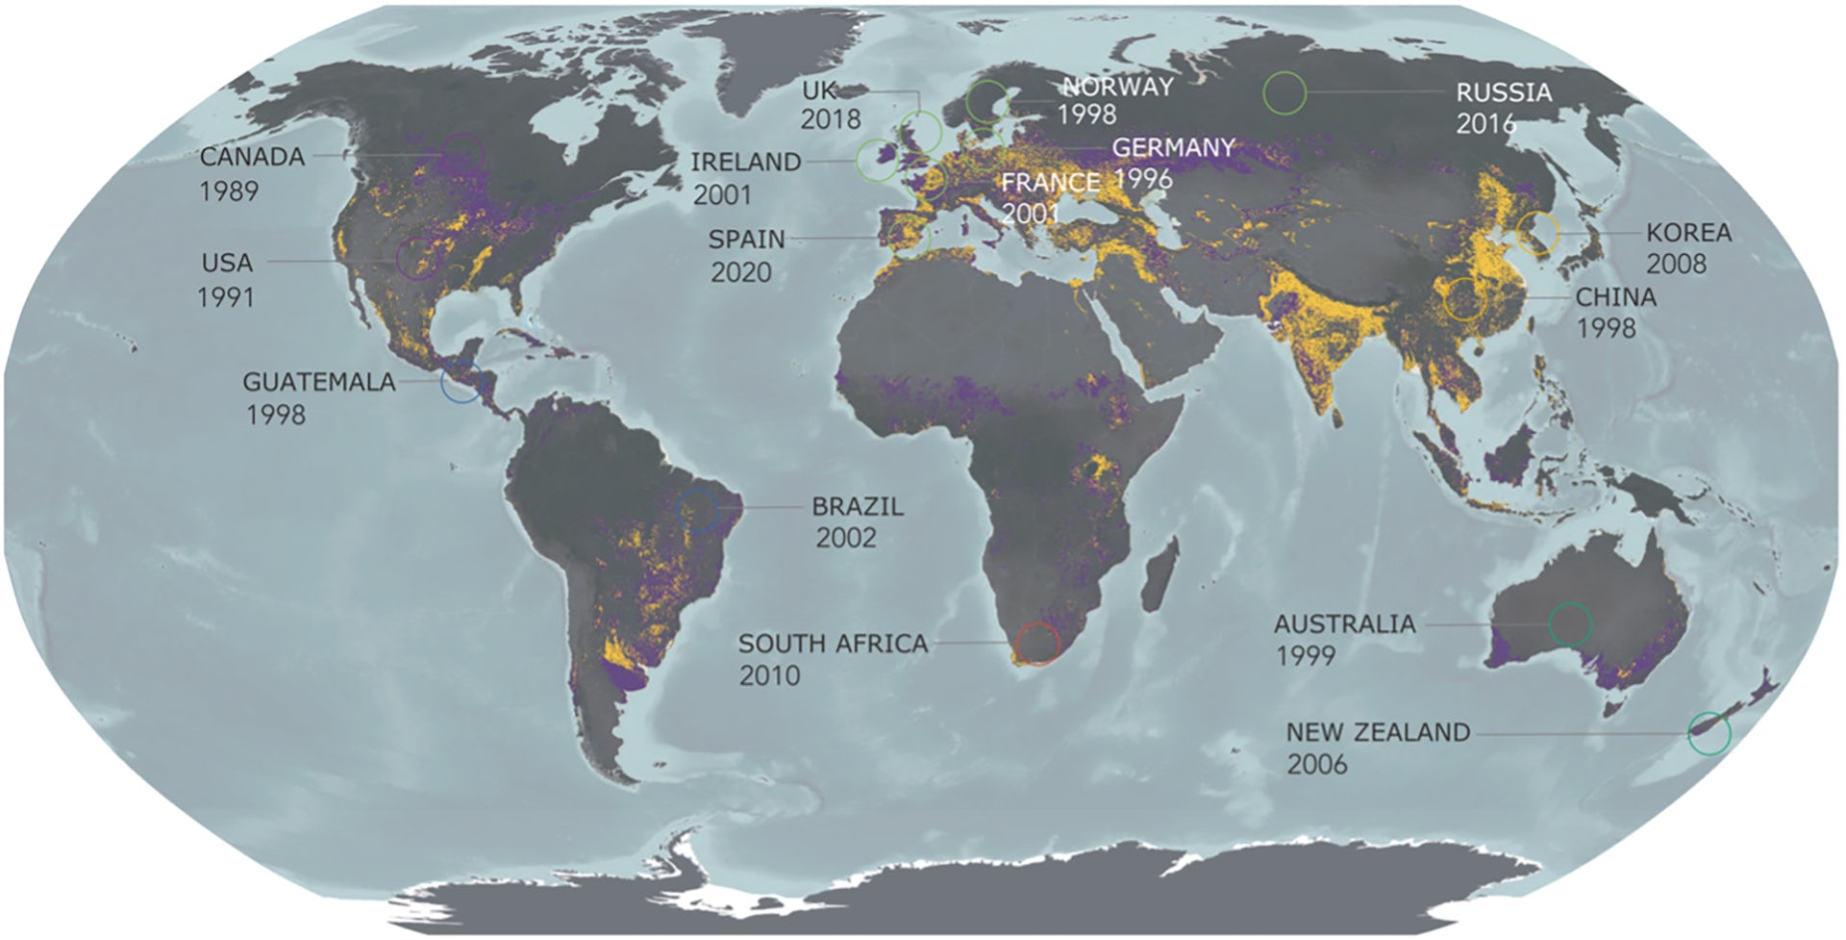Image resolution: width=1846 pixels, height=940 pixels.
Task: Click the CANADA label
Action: coord(252,157)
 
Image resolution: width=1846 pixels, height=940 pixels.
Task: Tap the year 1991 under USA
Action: coord(227,297)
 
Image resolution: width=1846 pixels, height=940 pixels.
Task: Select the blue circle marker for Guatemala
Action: coord(461,382)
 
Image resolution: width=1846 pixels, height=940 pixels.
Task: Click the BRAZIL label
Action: coord(858,506)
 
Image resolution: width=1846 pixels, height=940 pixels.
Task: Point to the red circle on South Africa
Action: coord(1038,644)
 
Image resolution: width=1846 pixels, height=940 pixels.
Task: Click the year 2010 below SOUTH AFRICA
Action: coord(769,675)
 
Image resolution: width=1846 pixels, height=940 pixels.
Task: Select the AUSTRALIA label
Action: coord(1344,624)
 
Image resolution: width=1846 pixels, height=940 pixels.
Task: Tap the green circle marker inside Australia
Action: coord(1570,624)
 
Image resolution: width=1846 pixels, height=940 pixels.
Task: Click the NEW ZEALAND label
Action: coord(1378,733)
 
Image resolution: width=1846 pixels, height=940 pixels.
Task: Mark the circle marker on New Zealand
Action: coord(1709,734)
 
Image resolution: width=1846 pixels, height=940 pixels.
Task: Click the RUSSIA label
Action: coord(1504,93)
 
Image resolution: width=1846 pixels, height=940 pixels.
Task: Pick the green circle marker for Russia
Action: coord(1285,93)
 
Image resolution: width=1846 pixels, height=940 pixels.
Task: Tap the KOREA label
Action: coord(1689,233)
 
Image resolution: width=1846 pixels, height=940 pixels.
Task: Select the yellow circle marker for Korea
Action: coord(1538,234)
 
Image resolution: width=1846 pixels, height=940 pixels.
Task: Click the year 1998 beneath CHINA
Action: coord(1606,328)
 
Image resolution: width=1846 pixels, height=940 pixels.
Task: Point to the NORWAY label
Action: coord(1118,87)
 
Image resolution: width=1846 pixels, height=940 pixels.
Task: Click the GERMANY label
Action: coord(1173,148)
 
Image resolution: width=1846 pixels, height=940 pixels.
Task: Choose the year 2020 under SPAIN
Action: coord(741,272)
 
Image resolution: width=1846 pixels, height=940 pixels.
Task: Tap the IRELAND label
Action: coord(746,163)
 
